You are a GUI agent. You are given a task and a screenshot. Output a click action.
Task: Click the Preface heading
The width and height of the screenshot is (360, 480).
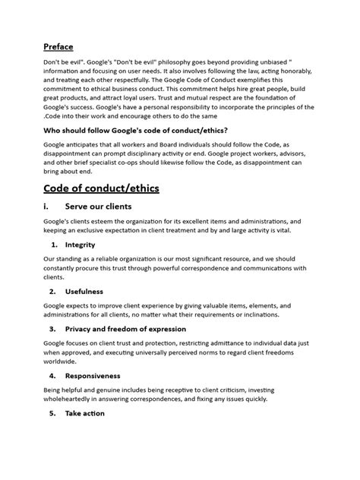58,46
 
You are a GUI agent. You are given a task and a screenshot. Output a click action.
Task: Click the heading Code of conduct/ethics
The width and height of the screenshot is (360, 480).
101,188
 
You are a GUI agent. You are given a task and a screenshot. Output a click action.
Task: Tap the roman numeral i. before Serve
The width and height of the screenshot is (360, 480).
46,207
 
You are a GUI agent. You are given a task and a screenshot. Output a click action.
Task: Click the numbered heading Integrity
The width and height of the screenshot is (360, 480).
81,245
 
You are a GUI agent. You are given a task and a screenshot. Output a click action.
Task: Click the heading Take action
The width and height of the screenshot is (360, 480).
85,413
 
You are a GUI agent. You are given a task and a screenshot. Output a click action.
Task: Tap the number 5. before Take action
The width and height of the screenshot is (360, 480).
54,413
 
